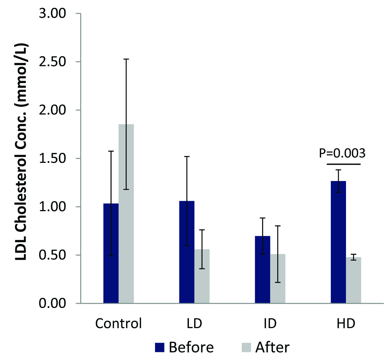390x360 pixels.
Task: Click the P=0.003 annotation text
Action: point(342,153)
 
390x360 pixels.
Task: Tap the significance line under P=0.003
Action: point(344,164)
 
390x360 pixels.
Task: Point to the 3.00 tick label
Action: point(52,14)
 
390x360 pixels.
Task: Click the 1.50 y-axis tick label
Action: point(52,158)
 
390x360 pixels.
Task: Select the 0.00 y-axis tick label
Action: point(52,303)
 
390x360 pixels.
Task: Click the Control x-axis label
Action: point(118,324)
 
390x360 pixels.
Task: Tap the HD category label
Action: point(346,324)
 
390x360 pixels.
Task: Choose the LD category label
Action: point(194,324)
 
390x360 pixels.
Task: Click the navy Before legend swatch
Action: point(160,347)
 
